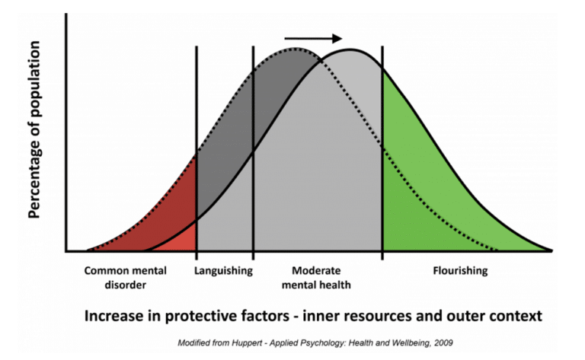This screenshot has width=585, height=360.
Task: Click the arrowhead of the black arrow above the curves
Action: tap(337, 38)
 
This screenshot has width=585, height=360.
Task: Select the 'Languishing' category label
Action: tap(223, 270)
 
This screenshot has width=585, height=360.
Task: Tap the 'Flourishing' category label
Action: tap(460, 270)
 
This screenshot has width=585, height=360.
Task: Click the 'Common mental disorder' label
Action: tap(126, 278)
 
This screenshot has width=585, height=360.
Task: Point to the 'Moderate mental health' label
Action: tap(316, 278)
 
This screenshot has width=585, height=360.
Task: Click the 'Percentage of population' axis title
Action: tap(34, 129)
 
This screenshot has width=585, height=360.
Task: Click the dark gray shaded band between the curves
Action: tap(238, 123)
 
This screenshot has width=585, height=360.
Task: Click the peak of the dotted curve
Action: tap(296, 49)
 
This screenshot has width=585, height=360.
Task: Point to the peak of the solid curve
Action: tap(350, 49)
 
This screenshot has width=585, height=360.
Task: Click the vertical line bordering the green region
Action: tap(382, 153)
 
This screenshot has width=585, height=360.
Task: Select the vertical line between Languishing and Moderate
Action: tap(254, 153)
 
